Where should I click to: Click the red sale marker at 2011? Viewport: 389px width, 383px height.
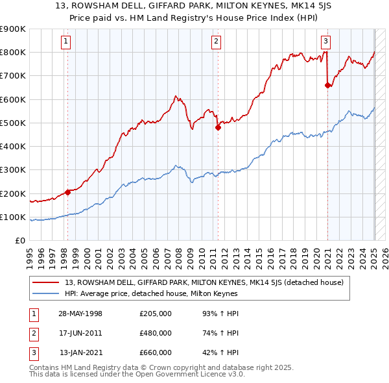click(218, 128)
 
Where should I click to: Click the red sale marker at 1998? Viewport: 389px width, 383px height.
click(67, 192)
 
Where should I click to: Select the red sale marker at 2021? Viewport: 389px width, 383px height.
click(327, 85)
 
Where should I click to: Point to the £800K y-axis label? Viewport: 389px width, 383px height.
click(13, 52)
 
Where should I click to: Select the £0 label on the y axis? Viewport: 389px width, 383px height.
click(19, 241)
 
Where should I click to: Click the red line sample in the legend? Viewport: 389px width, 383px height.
click(45, 282)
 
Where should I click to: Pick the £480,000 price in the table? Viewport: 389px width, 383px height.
click(156, 333)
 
